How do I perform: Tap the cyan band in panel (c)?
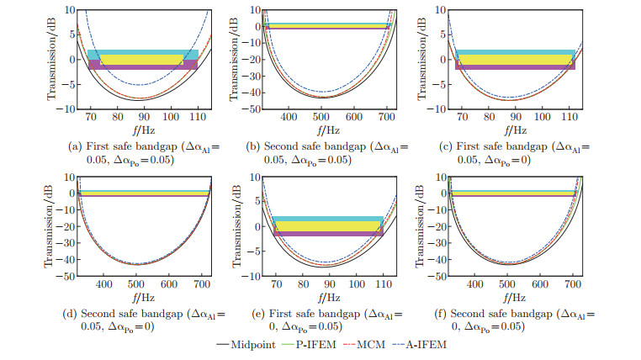click(x=515, y=52)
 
